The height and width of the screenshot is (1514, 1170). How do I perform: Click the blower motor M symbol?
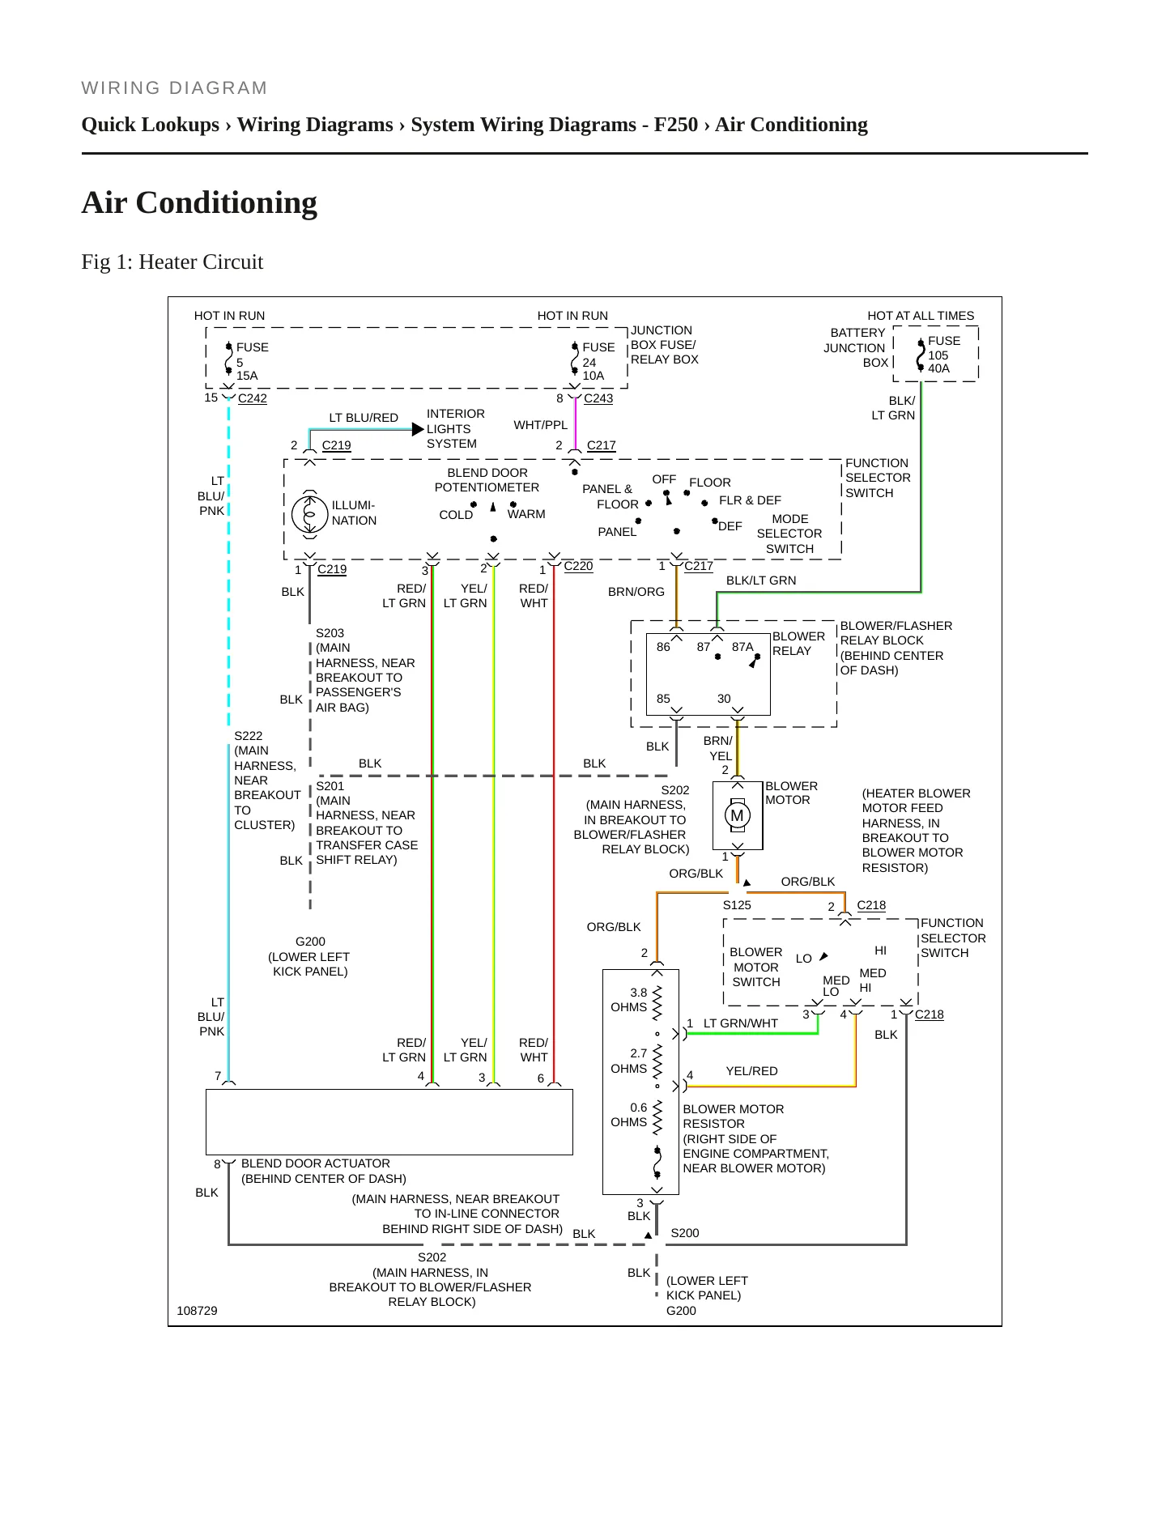[x=737, y=815]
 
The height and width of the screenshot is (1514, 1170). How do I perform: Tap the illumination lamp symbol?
[x=309, y=513]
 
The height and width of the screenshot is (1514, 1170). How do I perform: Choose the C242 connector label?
[x=253, y=398]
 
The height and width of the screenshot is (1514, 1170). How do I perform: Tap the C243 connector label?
[x=598, y=398]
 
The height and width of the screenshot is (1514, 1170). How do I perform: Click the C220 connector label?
[x=578, y=566]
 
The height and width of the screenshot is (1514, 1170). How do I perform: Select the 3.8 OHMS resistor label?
[x=629, y=1000]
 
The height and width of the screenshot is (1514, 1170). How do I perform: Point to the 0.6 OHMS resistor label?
[x=629, y=1115]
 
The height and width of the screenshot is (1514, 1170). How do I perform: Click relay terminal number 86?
[x=663, y=647]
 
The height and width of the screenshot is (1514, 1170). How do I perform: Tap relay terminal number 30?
[x=724, y=699]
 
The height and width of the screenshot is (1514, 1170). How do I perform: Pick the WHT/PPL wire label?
[x=541, y=425]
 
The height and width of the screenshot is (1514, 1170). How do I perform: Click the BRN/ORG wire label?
[x=636, y=592]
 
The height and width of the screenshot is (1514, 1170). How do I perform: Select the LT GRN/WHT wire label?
[x=741, y=1023]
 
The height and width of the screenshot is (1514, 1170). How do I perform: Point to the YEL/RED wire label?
[x=752, y=1071]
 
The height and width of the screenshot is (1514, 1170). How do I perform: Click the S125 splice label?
[x=737, y=905]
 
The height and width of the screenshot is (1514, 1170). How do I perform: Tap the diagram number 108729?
[x=197, y=1311]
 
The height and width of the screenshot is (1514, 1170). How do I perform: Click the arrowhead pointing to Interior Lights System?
[x=419, y=429]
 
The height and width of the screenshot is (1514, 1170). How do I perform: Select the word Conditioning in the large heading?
[x=227, y=203]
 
